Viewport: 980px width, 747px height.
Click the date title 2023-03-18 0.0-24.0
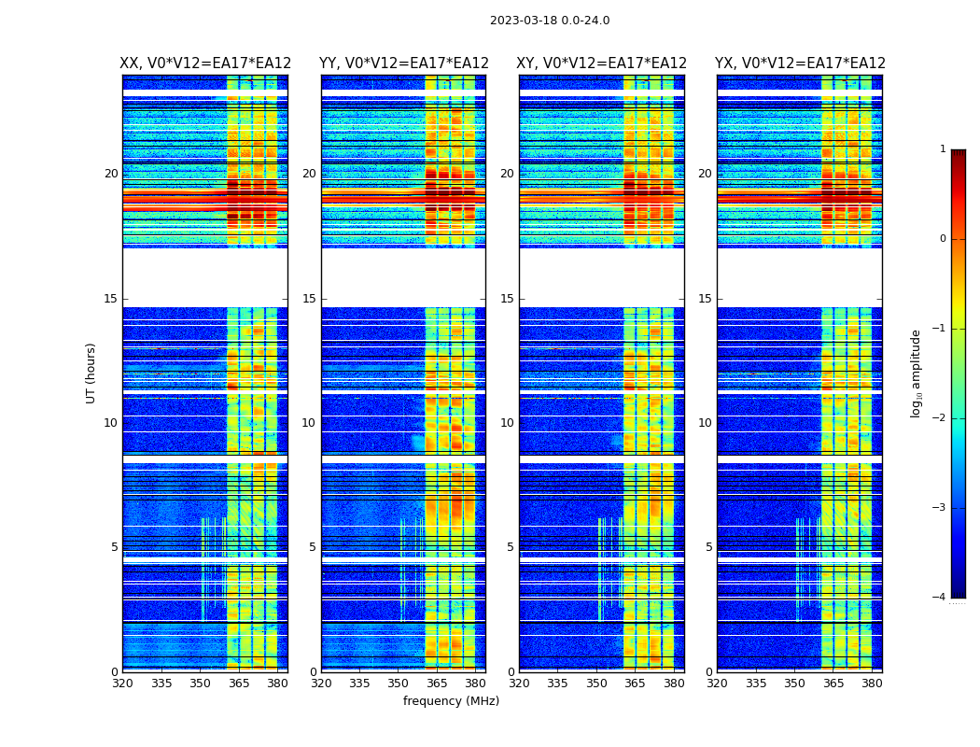click(550, 21)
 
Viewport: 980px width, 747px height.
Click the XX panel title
click(205, 63)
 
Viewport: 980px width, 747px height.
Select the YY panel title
click(404, 63)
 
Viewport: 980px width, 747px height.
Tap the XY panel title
click(602, 63)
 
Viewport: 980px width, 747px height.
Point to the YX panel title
click(800, 63)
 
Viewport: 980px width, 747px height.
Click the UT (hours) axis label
click(91, 373)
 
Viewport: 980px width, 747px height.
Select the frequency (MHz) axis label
click(451, 701)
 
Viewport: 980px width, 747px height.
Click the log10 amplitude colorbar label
click(917, 373)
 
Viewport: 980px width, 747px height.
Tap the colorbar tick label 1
click(942, 149)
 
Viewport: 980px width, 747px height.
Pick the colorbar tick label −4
click(940, 598)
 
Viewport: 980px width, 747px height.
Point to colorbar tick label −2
click(940, 418)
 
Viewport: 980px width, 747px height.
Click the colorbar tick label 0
click(942, 239)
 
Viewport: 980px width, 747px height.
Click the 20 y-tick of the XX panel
click(111, 174)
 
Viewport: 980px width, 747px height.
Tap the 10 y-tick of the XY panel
click(507, 423)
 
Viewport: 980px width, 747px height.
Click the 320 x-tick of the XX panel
click(122, 684)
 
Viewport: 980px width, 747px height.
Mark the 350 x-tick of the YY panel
click(398, 684)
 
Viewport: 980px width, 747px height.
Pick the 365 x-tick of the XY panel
click(635, 684)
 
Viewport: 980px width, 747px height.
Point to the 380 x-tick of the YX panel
click(872, 684)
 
